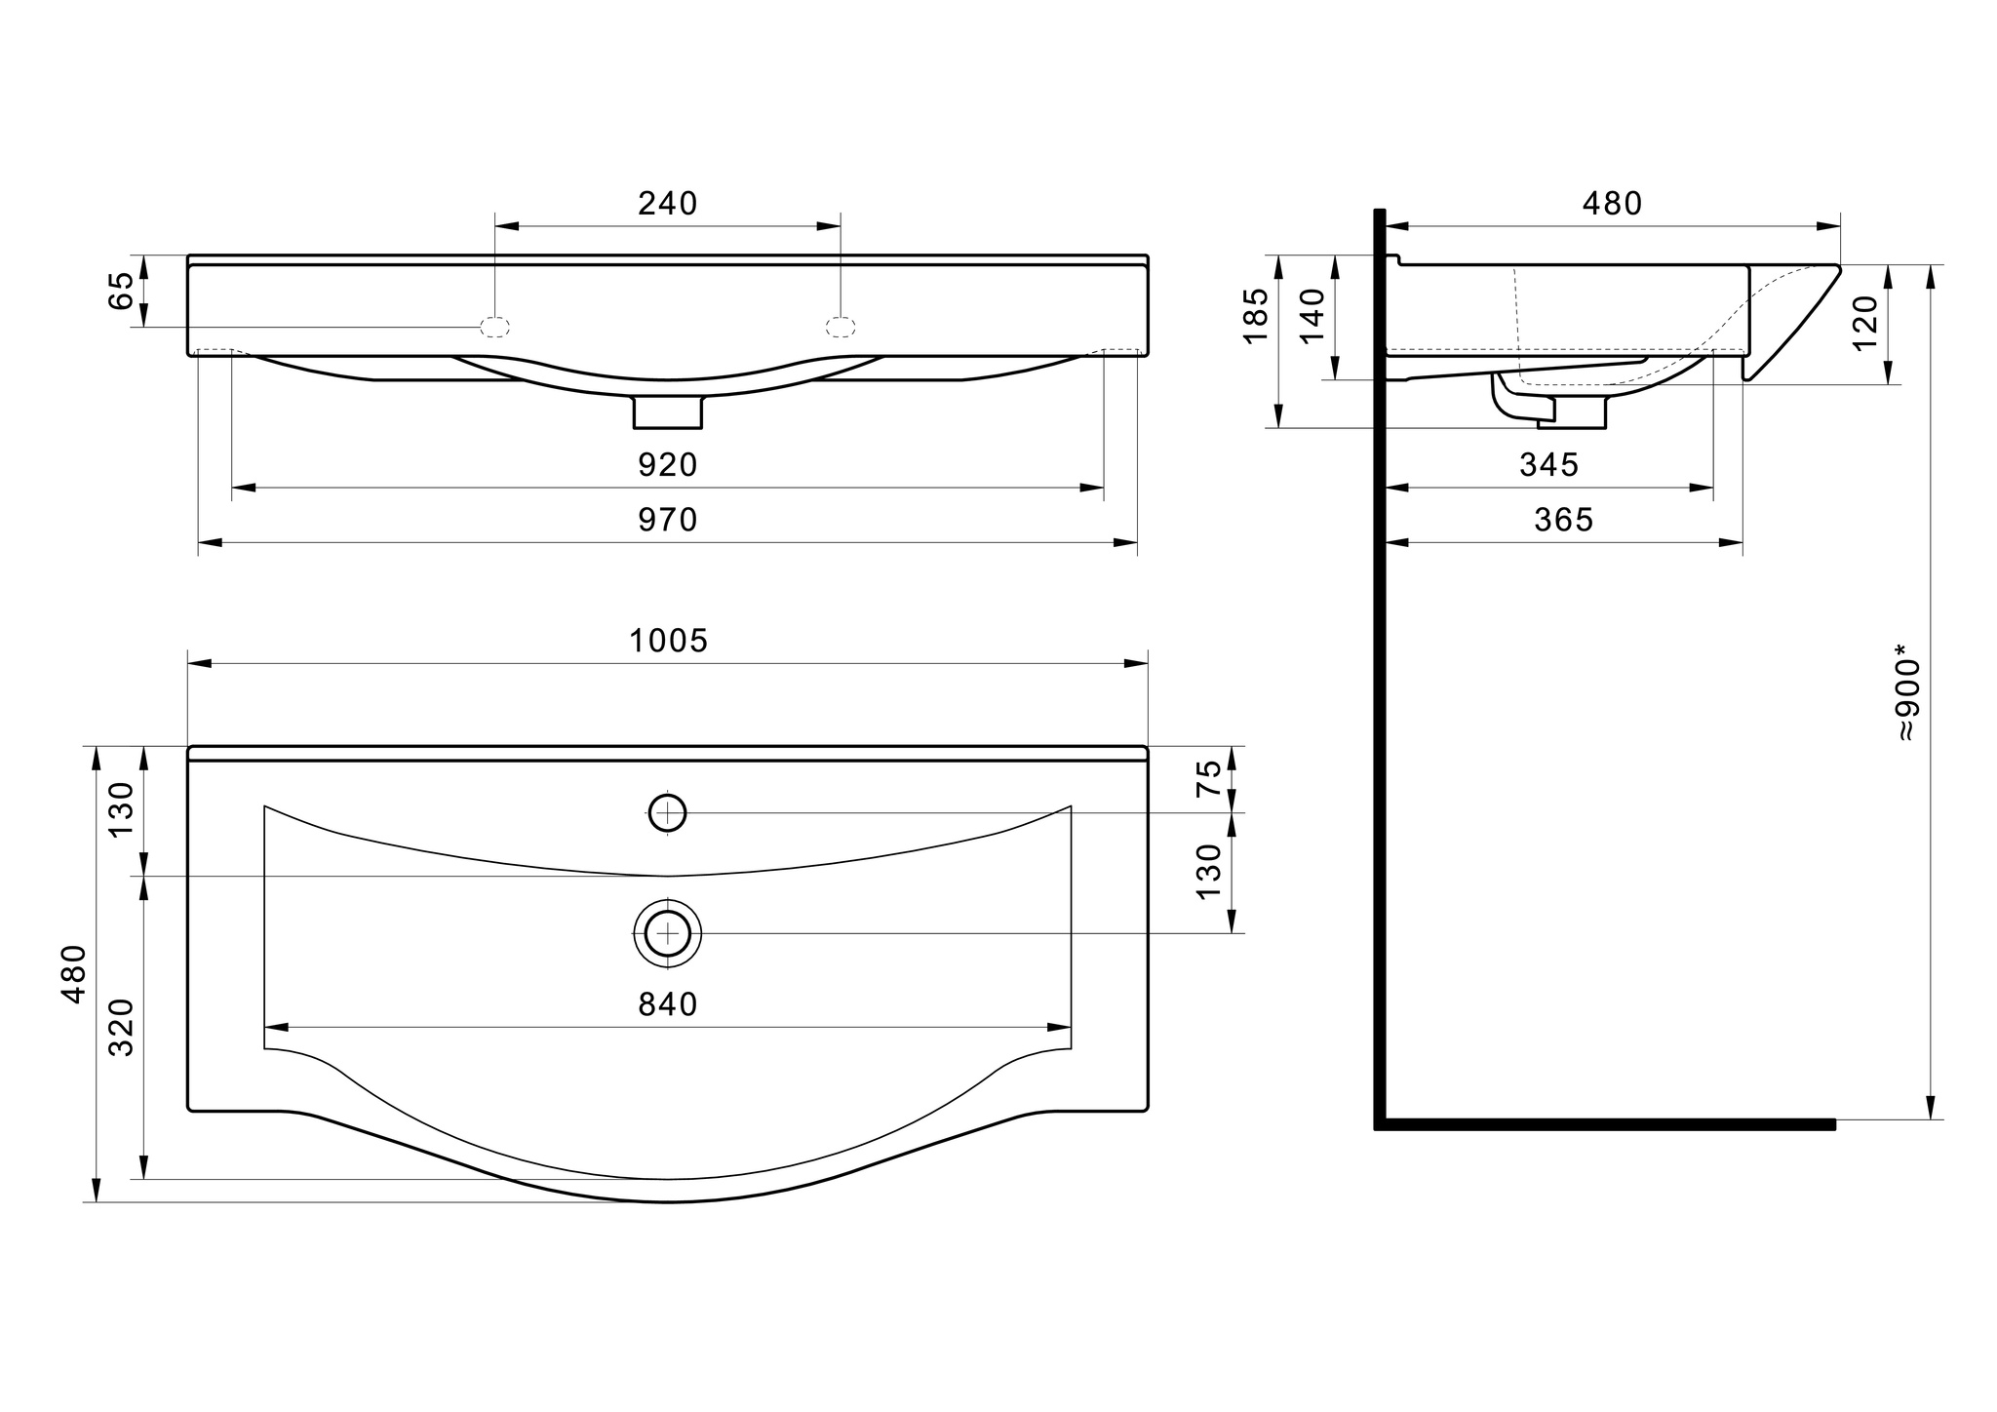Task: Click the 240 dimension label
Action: pos(668,204)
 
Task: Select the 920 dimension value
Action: pos(668,465)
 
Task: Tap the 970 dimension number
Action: pos(668,520)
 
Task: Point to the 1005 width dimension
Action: pos(668,641)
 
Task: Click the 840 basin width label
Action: pos(668,1004)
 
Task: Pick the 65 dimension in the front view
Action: pos(120,291)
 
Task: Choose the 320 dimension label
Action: pos(121,1028)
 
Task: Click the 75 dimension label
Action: pos(1208,779)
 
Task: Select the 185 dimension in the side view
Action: pos(1256,314)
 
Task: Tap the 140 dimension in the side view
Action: pos(1312,314)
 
